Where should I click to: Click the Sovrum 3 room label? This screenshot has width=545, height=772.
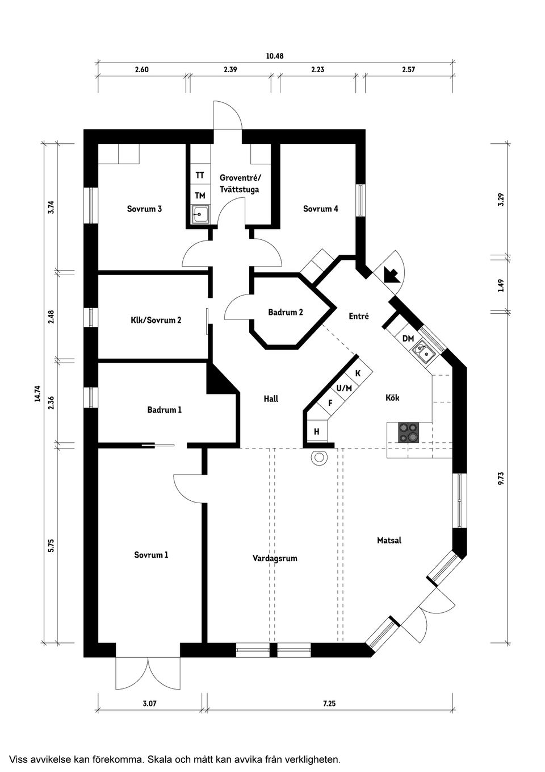[144, 209]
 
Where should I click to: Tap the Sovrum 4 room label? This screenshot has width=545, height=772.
[320, 209]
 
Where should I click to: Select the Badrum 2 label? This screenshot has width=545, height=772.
[285, 312]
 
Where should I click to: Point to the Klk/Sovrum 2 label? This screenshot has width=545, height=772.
[156, 320]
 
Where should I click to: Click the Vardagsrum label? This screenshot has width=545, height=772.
[275, 558]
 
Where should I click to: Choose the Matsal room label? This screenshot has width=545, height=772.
[389, 540]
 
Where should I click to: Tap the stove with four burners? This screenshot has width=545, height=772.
[408, 432]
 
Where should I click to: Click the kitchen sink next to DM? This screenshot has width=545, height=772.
[423, 352]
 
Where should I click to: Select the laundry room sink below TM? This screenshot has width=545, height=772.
[200, 214]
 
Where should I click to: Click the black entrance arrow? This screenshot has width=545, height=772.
[391, 275]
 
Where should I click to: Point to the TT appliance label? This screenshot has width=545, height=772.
[200, 176]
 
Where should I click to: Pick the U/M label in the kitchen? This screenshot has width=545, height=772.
[344, 388]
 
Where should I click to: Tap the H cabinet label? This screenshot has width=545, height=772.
[316, 432]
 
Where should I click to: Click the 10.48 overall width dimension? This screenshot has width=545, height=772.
[274, 56]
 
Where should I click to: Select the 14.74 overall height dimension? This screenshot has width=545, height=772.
[37, 394]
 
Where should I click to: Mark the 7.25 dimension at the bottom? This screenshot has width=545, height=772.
[329, 703]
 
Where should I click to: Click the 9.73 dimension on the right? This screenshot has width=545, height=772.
[500, 478]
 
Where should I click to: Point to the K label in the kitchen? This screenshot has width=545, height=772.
[358, 373]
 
